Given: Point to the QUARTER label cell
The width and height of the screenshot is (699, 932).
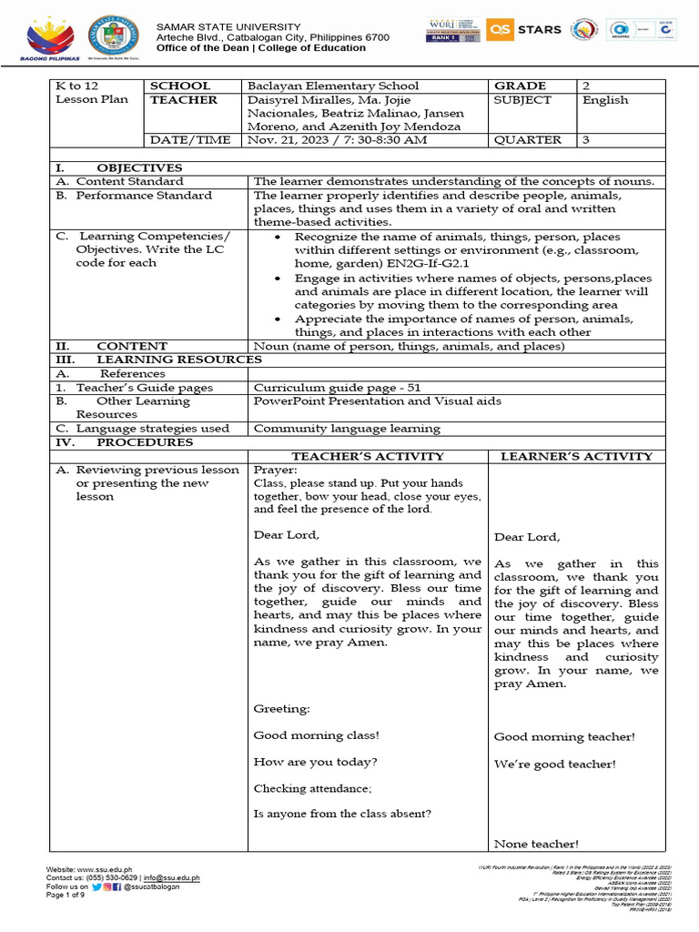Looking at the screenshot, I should coord(527,140).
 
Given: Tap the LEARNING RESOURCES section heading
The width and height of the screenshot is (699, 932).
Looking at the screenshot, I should coord(178,360).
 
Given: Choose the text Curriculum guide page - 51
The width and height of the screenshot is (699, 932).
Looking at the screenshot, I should coord(337,387).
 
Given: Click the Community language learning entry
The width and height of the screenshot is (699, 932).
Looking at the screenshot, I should coord(346,428).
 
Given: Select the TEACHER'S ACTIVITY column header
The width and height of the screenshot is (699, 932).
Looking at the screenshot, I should coord(367,456).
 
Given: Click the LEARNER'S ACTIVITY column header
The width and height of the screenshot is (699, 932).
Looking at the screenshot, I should coord(576,456).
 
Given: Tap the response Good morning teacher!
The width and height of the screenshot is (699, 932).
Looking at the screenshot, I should coord(564,736).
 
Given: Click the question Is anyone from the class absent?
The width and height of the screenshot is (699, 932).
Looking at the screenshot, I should coord(342,814).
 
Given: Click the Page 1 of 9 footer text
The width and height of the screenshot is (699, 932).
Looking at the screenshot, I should coord(66,895).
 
